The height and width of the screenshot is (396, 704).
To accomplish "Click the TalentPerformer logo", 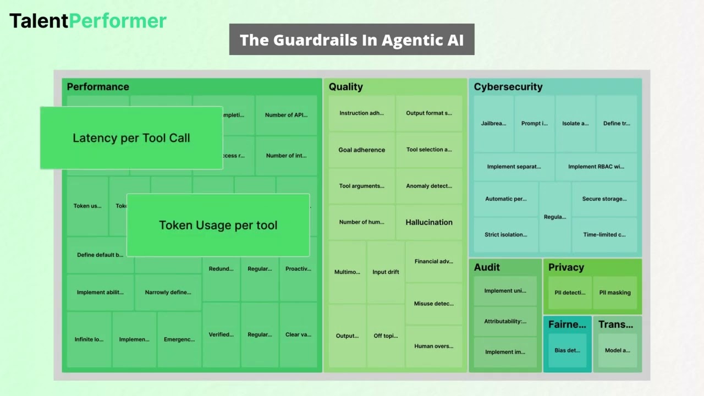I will [88, 21].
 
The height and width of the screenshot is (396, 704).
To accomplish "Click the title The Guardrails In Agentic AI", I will [351, 40].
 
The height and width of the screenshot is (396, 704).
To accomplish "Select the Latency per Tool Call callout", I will [131, 138].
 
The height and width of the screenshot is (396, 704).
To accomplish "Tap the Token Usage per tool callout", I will [218, 225].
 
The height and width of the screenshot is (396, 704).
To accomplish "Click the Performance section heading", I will [98, 87].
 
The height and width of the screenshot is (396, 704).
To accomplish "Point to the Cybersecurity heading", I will [508, 87].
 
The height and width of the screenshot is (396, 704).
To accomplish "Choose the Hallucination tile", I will [429, 222].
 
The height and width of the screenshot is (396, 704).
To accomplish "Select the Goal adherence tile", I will [361, 150].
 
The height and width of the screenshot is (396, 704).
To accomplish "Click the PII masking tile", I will [615, 293].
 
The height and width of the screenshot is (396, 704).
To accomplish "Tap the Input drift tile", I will [386, 272].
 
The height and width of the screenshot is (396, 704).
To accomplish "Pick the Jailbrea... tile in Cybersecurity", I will [493, 123].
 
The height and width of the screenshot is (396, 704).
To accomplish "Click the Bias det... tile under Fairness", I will [567, 350].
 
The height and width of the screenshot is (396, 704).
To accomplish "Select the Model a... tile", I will [617, 350].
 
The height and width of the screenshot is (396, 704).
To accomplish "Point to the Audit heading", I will [487, 267].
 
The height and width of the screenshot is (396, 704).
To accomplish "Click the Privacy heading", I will [566, 267].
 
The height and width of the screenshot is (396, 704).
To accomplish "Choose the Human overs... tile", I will [433, 346].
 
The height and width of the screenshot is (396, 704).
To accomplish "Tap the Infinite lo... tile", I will [89, 339].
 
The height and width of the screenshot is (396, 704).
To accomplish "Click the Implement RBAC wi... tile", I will [596, 167].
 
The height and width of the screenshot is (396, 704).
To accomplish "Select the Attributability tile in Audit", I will [505, 321].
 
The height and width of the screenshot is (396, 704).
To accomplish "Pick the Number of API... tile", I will [286, 115].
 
